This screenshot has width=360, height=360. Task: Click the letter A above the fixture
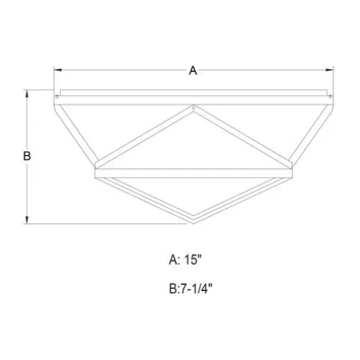tap(193, 70)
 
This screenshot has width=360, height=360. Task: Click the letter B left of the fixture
tap(27, 156)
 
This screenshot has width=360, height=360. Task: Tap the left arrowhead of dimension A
tap(58, 70)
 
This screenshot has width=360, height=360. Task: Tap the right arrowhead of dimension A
tap(329, 70)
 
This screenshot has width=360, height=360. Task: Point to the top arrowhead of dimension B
tap(27, 94)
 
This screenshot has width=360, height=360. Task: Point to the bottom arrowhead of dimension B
tap(27, 220)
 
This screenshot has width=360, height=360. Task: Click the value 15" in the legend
tap(193, 259)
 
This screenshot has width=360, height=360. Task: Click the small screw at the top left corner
tap(57, 97)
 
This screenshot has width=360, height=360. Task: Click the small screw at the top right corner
tap(330, 97)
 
